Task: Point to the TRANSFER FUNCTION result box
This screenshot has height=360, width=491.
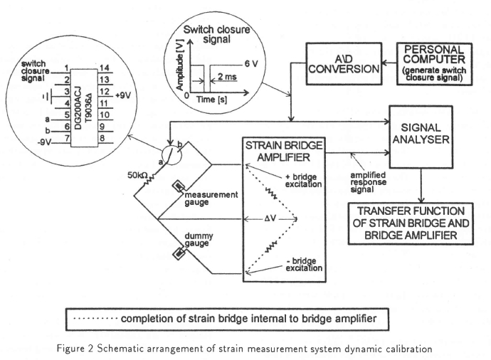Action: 416,223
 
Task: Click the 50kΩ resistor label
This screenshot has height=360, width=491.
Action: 137,173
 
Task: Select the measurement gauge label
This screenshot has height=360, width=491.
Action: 205,198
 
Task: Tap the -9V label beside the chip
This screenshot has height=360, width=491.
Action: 40,137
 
